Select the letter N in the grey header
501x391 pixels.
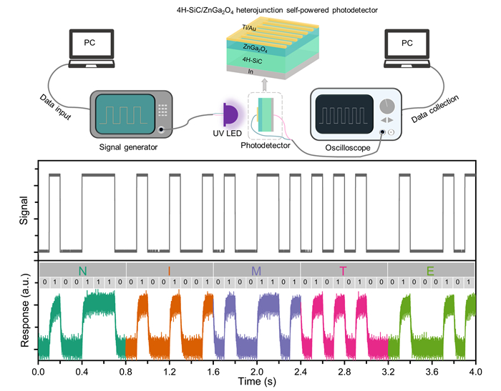[x=82, y=270]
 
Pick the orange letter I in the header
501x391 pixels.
[x=170, y=270]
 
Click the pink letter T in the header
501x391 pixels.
[x=344, y=270]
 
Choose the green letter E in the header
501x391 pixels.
[x=430, y=270]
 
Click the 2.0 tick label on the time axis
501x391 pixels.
[x=256, y=372]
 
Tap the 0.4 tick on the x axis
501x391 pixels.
[x=82, y=372]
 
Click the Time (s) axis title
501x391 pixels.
[x=256, y=384]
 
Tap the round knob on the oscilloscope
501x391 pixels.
[x=388, y=106]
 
